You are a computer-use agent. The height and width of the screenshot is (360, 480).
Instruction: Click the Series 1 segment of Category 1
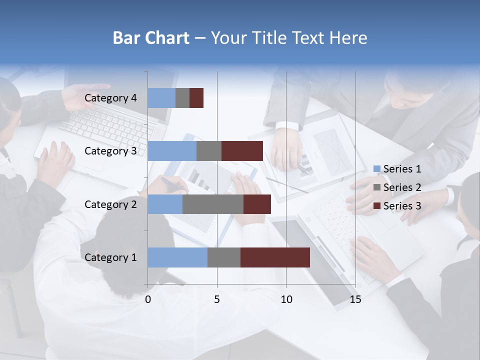[177, 257]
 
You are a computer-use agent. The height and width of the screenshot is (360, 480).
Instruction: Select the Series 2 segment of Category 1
[224, 257]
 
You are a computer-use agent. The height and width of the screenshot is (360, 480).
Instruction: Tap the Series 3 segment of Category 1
[275, 257]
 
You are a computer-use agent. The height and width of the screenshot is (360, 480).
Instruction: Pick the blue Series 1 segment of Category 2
[165, 204]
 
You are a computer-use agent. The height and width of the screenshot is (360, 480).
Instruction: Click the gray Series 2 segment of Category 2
[213, 204]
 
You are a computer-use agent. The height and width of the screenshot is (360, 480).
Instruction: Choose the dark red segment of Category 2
[257, 204]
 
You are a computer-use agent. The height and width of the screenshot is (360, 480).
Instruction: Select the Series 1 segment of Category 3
[172, 151]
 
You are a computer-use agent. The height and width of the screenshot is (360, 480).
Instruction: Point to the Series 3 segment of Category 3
[242, 151]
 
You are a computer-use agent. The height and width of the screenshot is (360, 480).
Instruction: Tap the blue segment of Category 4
[161, 98]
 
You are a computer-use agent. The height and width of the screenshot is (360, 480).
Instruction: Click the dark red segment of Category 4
[196, 98]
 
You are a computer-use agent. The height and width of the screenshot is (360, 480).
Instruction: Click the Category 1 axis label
[110, 257]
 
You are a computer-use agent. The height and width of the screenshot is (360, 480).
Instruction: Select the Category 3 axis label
[110, 151]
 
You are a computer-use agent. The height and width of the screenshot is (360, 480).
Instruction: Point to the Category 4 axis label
[110, 98]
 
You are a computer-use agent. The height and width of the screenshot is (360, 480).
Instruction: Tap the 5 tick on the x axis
[217, 299]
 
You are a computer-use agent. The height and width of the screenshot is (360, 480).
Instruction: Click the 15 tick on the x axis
[355, 299]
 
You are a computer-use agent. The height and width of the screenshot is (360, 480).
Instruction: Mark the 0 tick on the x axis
[148, 299]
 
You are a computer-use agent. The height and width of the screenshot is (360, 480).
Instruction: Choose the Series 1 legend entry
[397, 169]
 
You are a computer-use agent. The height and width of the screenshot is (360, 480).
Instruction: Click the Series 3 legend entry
[397, 206]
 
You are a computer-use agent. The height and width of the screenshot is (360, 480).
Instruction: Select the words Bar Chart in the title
[151, 38]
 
